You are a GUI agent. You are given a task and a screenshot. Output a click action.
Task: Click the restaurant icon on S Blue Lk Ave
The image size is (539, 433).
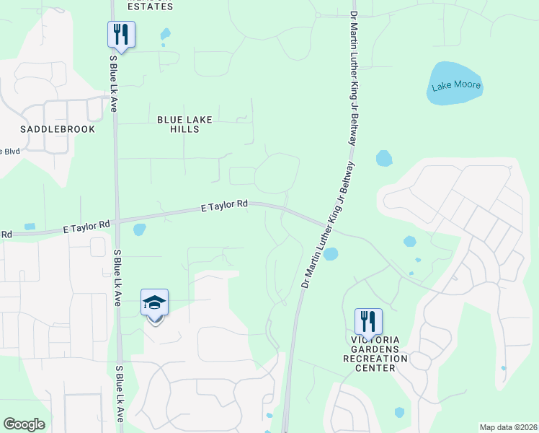click(121, 34)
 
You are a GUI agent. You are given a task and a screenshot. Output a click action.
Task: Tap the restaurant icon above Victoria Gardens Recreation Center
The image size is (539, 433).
click(368, 320)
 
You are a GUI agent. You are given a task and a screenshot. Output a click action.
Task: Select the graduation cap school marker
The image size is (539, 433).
click(155, 303)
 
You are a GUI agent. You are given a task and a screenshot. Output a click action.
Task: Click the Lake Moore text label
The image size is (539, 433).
click(456, 86)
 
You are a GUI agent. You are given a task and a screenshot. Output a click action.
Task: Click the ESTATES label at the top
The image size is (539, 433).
click(150, 6)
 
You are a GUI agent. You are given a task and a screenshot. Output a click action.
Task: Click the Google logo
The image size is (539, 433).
click(24, 424)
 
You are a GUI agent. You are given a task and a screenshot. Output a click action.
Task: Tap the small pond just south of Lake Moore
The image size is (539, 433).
click(384, 158)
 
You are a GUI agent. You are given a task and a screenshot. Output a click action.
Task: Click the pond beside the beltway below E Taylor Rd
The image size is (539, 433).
click(331, 254)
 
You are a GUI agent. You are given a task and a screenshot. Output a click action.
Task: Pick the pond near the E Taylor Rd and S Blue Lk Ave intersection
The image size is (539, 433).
click(139, 230)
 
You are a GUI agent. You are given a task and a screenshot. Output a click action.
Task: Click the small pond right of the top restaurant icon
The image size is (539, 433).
click(166, 33)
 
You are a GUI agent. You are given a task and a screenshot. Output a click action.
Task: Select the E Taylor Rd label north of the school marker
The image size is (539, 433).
click(224, 206)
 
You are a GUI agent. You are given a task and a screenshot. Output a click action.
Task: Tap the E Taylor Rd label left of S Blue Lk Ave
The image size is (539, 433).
click(86, 227)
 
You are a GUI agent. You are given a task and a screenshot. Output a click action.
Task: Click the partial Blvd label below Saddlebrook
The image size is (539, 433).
click(10, 151)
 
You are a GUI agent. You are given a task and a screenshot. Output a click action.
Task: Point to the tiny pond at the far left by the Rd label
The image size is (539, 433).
click(30, 227)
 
